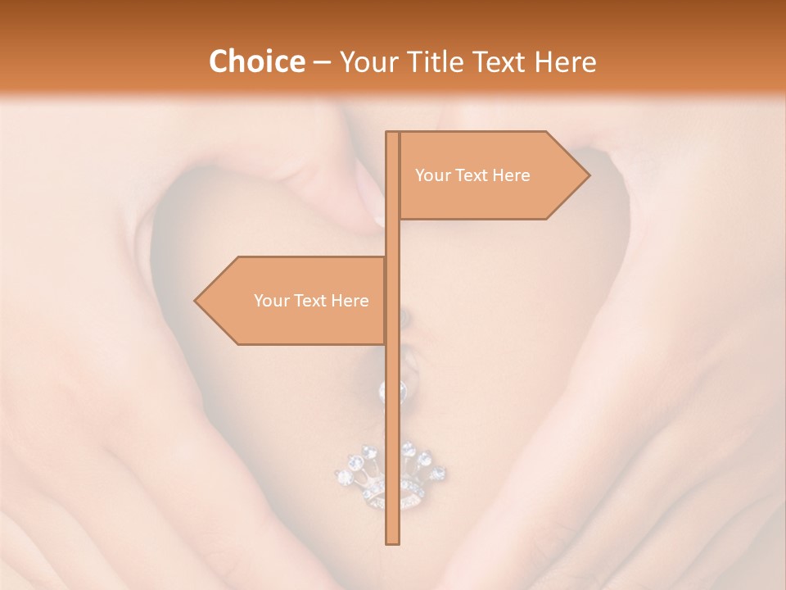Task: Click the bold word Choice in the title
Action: coord(256,62)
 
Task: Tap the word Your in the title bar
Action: coord(365,62)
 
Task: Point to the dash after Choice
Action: coord(322,63)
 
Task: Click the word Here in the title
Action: coord(565,62)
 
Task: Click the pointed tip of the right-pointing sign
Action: coord(588,175)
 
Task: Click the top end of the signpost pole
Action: coord(392,134)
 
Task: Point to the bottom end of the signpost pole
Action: coord(392,542)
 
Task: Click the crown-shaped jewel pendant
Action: coord(390,479)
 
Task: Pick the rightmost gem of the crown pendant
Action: coord(438,474)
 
